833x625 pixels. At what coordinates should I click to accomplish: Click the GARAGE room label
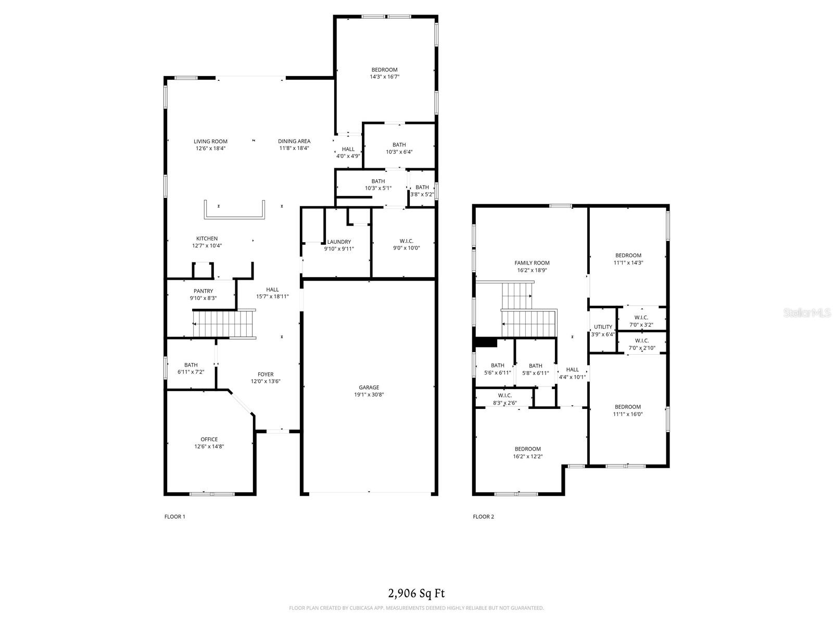click(x=369, y=387)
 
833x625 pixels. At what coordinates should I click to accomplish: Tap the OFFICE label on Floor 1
click(x=209, y=439)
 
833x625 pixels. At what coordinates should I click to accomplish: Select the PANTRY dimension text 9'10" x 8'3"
click(x=203, y=298)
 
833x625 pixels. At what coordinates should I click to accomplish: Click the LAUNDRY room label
click(x=339, y=242)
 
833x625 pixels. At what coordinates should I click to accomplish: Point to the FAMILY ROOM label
click(x=532, y=263)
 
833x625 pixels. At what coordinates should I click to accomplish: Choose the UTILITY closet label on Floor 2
click(x=603, y=327)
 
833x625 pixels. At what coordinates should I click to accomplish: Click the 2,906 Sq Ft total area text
click(x=416, y=593)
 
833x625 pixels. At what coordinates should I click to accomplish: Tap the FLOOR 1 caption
click(x=174, y=517)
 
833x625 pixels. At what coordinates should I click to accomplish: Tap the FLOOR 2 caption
click(x=483, y=517)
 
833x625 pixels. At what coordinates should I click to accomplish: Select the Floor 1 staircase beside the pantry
click(x=224, y=324)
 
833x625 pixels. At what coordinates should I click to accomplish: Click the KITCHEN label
click(x=207, y=239)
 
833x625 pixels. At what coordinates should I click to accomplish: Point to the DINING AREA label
click(x=294, y=141)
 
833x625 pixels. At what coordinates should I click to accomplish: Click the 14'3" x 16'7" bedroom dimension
click(x=384, y=77)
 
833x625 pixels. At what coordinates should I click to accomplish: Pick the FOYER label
click(x=266, y=374)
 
